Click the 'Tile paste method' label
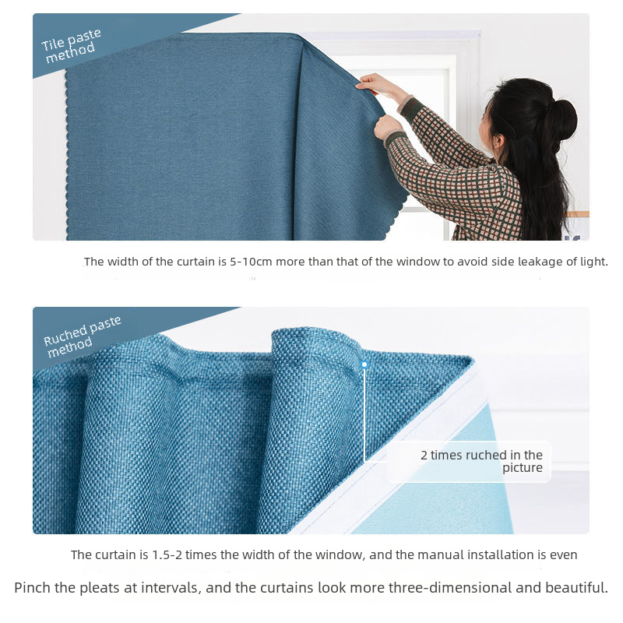tap(71, 46)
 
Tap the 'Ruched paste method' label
tap(82, 337)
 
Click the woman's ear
tap(498, 140)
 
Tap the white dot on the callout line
tap(364, 364)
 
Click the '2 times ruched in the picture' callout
tap(481, 461)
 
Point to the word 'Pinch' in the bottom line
tap(32, 588)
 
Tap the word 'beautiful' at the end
tap(576, 588)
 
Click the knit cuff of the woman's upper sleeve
tap(405, 104)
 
